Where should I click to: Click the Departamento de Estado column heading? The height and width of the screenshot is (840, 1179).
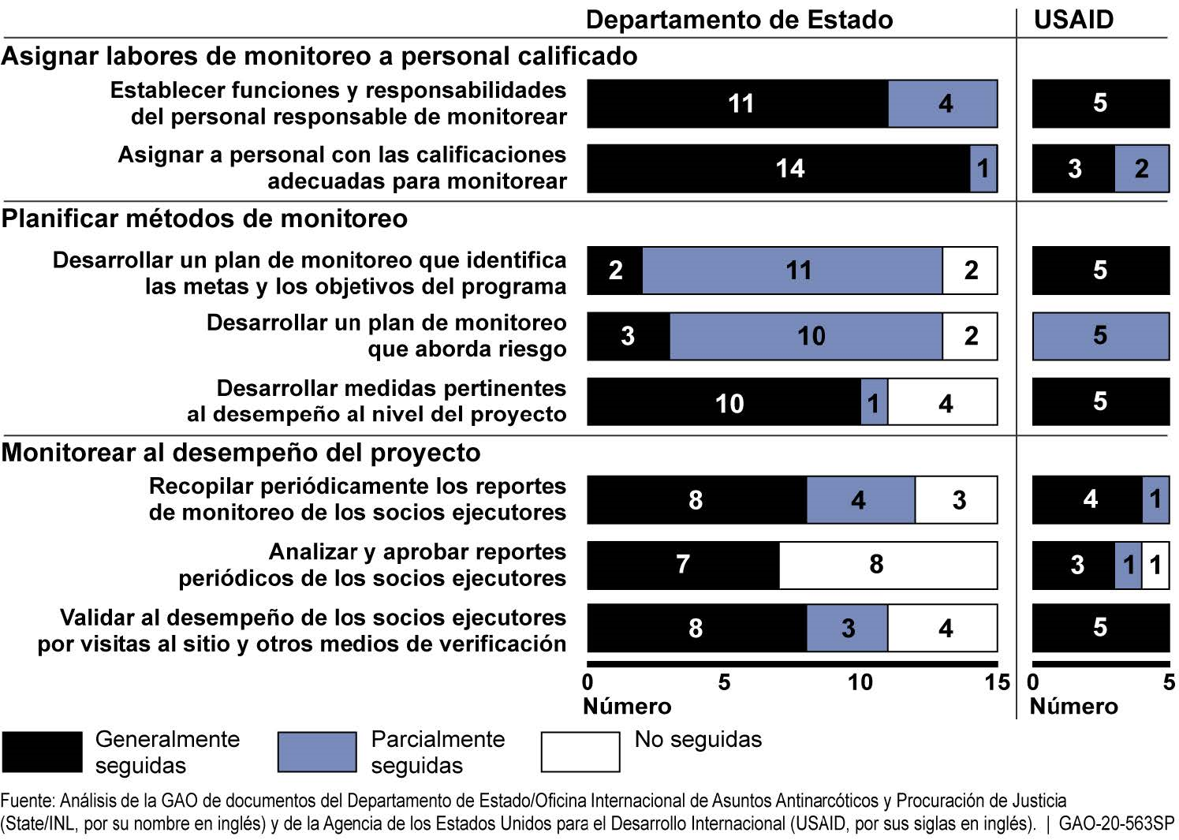pyautogui.click(x=739, y=20)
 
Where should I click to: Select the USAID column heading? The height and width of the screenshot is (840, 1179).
pyautogui.click(x=1073, y=20)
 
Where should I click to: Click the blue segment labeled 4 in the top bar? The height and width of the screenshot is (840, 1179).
pyautogui.click(x=942, y=103)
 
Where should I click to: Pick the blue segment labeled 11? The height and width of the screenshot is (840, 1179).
pyautogui.click(x=793, y=271)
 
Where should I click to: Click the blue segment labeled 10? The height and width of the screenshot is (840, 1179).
pyautogui.click(x=806, y=336)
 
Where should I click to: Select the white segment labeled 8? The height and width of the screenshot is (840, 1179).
pyautogui.click(x=888, y=565)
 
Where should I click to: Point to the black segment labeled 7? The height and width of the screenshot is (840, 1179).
pyautogui.click(x=683, y=565)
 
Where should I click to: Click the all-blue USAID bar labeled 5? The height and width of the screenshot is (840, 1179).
pyautogui.click(x=1100, y=336)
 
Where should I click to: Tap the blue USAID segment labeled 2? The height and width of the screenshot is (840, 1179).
pyautogui.click(x=1141, y=168)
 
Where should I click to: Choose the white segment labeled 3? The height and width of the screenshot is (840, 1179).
pyautogui.click(x=956, y=500)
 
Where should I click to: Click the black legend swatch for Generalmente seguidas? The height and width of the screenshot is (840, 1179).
pyautogui.click(x=42, y=752)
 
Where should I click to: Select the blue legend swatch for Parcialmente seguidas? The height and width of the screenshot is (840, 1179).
pyautogui.click(x=317, y=752)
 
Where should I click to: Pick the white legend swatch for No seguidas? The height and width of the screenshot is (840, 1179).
pyautogui.click(x=580, y=752)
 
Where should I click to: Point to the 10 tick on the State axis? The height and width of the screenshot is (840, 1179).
pyautogui.click(x=860, y=682)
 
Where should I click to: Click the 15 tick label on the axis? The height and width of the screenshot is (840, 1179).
pyautogui.click(x=997, y=682)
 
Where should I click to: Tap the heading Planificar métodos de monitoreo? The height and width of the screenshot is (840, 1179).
pyautogui.click(x=204, y=218)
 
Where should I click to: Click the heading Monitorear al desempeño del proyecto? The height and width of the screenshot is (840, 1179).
pyautogui.click(x=241, y=453)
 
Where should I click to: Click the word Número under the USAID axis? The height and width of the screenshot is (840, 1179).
pyautogui.click(x=1073, y=706)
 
